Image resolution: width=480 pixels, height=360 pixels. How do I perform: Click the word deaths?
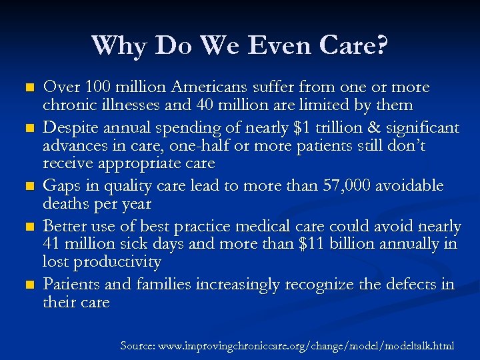(x=67, y=203)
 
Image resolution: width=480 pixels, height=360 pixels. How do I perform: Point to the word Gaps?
(x=61, y=185)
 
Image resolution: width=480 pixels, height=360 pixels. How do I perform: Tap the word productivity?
(x=117, y=262)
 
